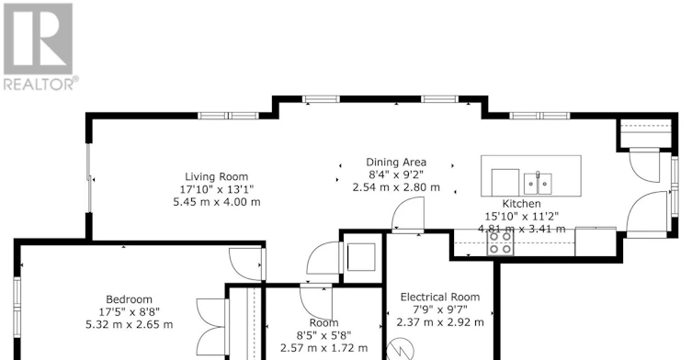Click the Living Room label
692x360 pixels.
[216, 177]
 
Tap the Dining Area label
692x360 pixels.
[396, 163]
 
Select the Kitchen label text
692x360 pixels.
[522, 204]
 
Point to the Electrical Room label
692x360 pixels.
[440, 297]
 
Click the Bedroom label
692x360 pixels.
[129, 299]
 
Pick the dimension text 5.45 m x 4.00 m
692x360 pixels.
[217, 202]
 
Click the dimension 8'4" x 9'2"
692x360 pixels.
[396, 174]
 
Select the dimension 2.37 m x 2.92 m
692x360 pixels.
[440, 322]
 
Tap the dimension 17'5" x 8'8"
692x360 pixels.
[129, 312]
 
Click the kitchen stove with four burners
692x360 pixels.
[501, 243]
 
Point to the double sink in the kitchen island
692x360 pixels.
[538, 184]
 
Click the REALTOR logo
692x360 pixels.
[40, 47]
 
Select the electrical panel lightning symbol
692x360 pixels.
[401, 349]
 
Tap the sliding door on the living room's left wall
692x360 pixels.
[89, 178]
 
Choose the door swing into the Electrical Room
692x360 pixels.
[408, 215]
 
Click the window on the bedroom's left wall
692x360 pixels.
[17, 308]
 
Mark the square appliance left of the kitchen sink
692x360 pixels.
[505, 182]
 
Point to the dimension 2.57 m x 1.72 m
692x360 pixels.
[323, 348]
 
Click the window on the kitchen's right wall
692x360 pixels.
[675, 186]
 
